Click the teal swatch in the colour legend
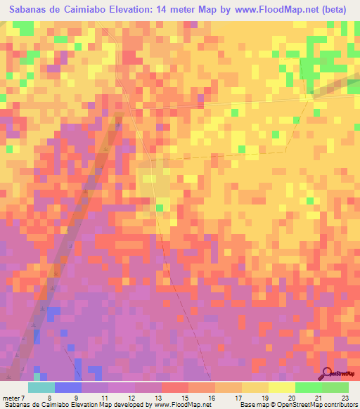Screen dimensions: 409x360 pyautogui.click(x=41, y=387)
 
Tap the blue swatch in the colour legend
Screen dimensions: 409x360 pyautogui.click(x=68, y=387)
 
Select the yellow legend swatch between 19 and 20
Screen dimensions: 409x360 pyautogui.click(x=281, y=387)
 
